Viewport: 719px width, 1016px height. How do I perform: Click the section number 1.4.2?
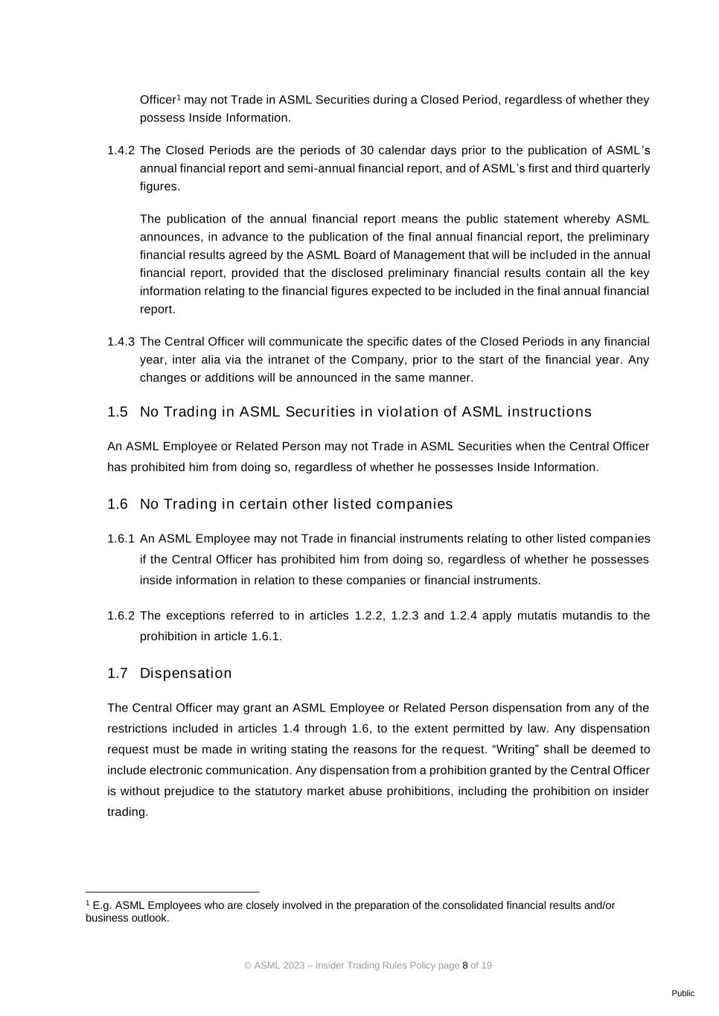click(121, 150)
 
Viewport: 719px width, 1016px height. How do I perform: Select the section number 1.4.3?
click(121, 342)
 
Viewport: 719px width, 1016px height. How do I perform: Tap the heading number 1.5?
click(118, 412)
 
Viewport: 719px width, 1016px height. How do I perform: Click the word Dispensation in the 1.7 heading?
click(185, 673)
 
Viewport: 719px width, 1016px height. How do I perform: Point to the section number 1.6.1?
click(121, 538)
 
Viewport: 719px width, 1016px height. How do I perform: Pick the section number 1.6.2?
click(121, 616)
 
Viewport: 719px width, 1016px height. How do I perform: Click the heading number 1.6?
click(118, 504)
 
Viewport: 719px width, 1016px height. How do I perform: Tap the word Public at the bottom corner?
click(683, 993)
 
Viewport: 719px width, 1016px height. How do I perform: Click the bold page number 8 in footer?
click(465, 965)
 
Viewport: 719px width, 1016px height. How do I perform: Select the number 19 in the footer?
click(486, 965)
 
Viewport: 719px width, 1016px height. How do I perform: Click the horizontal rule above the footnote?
click(172, 891)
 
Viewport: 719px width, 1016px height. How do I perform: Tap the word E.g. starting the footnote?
click(102, 906)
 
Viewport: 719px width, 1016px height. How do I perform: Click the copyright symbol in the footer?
click(248, 965)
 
